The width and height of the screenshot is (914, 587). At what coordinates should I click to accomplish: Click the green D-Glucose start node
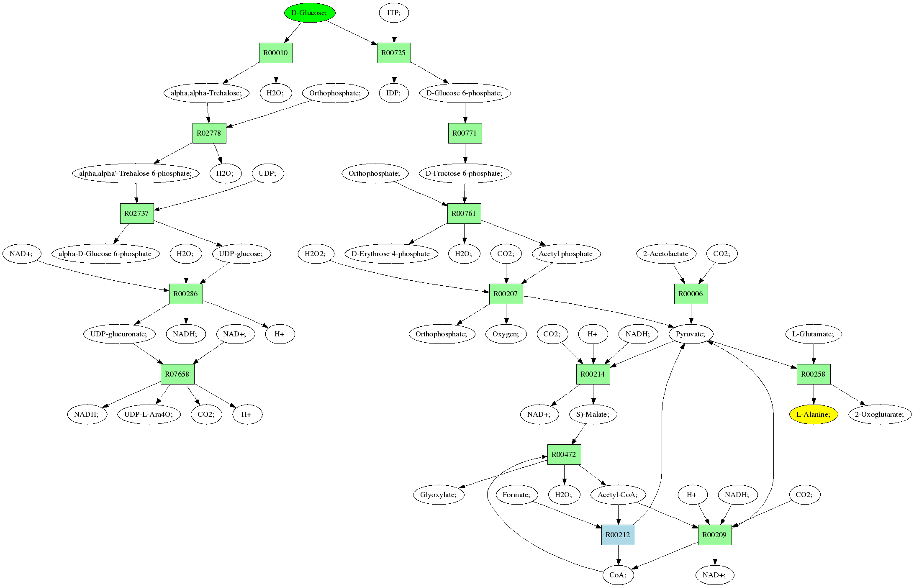[x=310, y=13]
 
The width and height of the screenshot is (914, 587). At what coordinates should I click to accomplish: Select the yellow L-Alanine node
[x=813, y=414]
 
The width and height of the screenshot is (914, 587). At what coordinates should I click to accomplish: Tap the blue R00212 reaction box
[x=618, y=535]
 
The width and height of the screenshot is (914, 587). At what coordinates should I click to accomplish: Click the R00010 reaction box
[x=276, y=53]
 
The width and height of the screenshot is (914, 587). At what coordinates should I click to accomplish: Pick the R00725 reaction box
[x=394, y=53]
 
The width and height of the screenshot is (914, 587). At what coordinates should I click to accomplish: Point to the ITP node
[x=394, y=13]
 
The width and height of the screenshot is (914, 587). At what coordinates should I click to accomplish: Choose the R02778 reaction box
[x=209, y=133]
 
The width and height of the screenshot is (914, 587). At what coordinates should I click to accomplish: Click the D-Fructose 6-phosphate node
[x=465, y=173]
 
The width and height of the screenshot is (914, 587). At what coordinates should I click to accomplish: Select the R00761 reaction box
[x=464, y=213]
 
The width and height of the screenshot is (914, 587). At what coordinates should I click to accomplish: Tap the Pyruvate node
[x=691, y=334]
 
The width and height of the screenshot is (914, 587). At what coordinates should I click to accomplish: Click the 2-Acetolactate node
[x=666, y=254]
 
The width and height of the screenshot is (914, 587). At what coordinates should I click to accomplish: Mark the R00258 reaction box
[x=813, y=374]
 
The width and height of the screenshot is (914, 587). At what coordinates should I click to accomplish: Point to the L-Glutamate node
[x=813, y=334]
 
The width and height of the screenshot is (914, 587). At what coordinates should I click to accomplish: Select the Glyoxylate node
[x=438, y=495]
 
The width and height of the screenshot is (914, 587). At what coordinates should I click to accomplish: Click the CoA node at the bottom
[x=618, y=575]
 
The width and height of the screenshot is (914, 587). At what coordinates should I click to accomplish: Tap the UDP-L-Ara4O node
[x=149, y=414]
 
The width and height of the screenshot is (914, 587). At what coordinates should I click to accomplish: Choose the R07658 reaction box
[x=177, y=374]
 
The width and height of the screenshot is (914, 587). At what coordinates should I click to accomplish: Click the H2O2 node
[x=316, y=254]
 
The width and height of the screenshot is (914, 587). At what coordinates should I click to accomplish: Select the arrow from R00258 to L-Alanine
[x=813, y=394]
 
